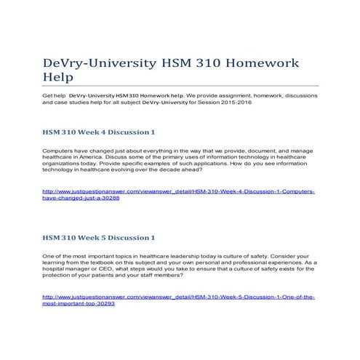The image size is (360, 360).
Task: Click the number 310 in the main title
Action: (x=200, y=63)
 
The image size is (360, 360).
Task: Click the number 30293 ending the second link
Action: (x=104, y=303)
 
